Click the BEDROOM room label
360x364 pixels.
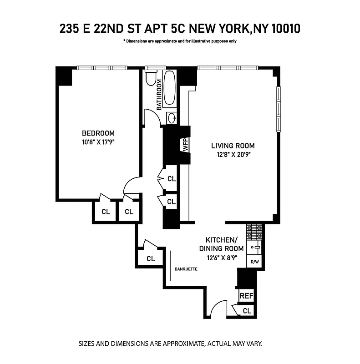98,133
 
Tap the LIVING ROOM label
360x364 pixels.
233,146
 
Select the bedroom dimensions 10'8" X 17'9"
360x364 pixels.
98,142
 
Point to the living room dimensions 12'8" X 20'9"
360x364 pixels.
233,154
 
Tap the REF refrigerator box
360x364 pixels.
246,296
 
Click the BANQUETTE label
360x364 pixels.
186,269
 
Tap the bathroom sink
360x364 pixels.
172,118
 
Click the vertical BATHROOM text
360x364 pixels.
159,95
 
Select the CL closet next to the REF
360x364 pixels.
247,311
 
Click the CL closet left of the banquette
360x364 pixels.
151,258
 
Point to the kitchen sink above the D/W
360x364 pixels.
254,248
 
